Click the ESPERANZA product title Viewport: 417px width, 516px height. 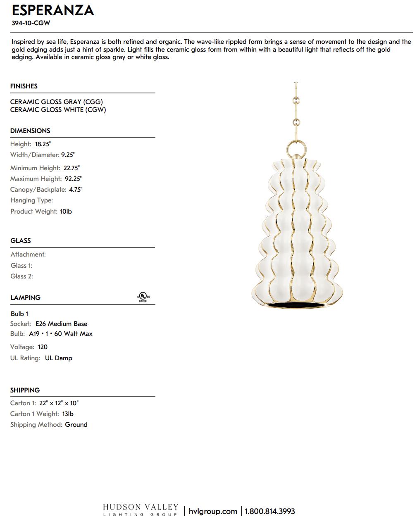click(53, 10)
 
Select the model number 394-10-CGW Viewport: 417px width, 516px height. click(31, 23)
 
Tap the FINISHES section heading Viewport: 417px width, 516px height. click(24, 86)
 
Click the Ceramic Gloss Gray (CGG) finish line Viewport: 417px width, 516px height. click(57, 102)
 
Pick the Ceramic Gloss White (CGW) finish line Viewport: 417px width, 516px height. click(58, 109)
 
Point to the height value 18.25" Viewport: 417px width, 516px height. click(43, 144)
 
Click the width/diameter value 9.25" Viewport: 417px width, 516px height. click(68, 155)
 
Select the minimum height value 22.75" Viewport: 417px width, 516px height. click(71, 168)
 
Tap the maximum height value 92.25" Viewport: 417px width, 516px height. click(73, 179)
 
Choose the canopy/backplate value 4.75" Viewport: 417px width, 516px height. click(76, 190)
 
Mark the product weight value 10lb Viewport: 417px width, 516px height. click(66, 211)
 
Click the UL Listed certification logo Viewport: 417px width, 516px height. click(143, 297)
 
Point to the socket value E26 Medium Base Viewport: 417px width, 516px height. click(61, 324)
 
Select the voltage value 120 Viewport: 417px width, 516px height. click(43, 347)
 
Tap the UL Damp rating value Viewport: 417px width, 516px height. click(58, 358)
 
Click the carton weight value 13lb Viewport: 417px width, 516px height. click(68, 414)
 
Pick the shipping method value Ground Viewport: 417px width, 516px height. click(76, 424)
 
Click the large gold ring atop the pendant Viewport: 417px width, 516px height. click(296, 148)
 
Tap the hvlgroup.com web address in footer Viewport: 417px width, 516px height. click(213, 511)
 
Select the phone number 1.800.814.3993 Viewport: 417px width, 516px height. click(270, 511)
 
